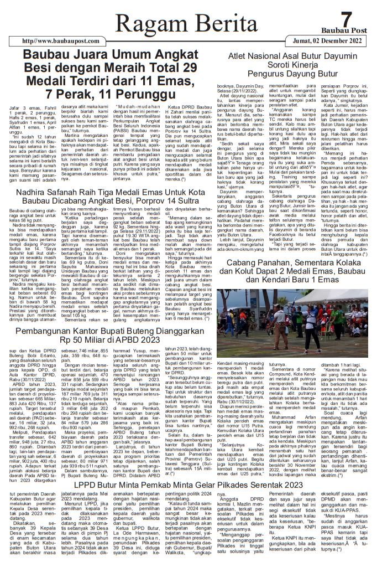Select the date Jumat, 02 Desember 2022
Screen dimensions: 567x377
point(328,40)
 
